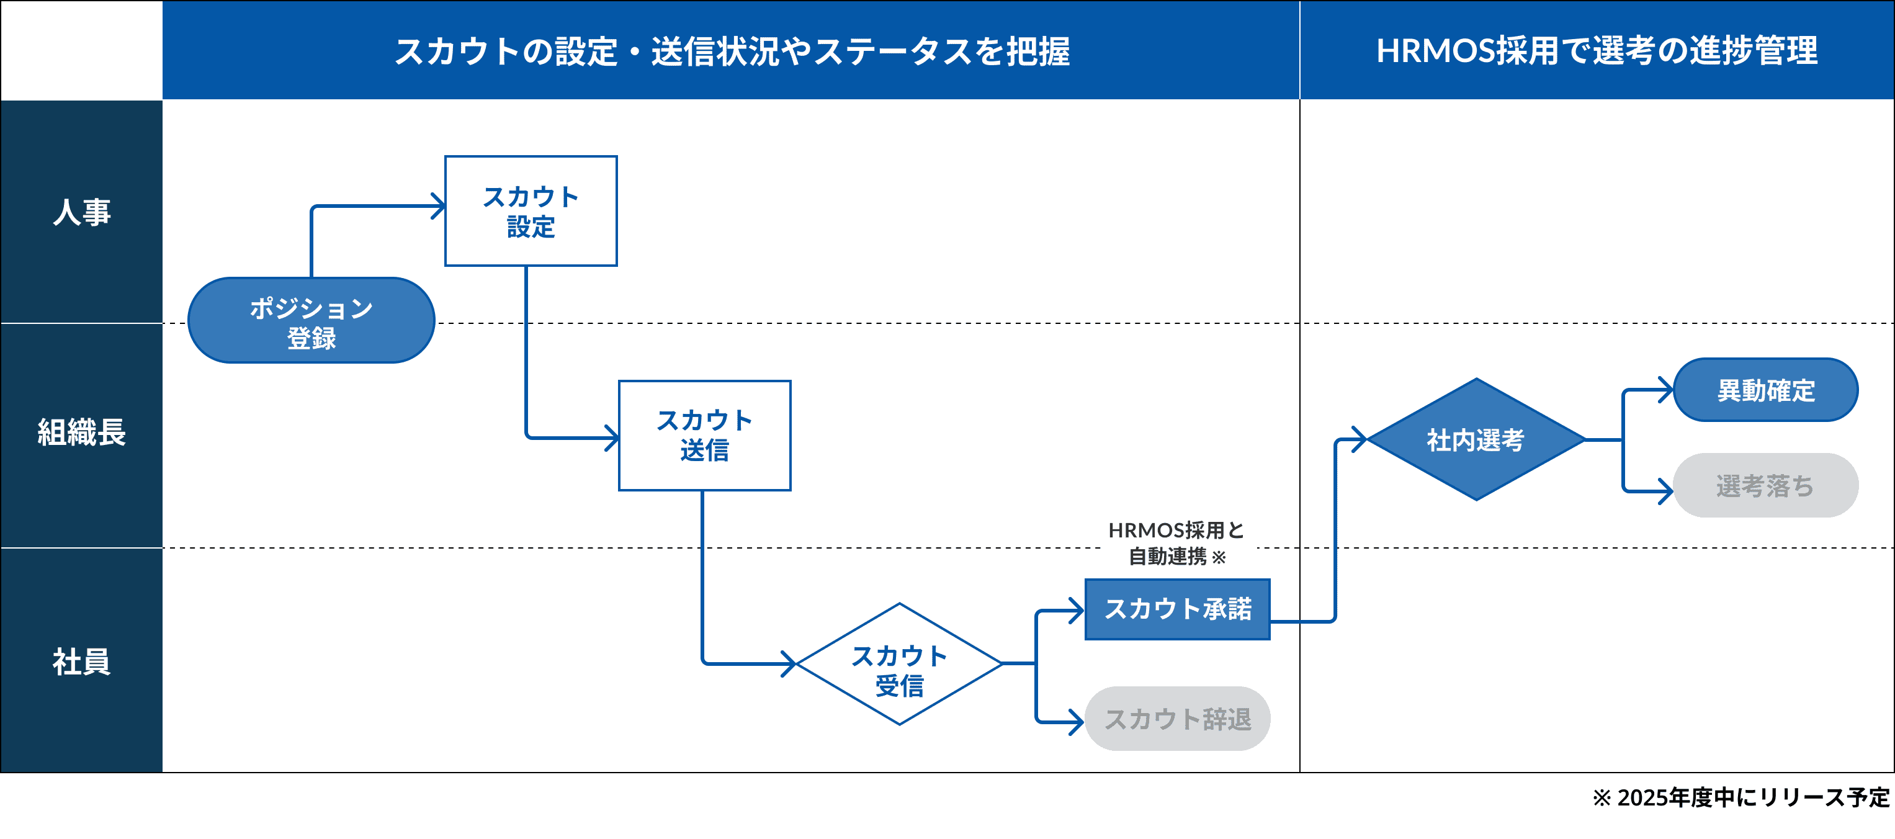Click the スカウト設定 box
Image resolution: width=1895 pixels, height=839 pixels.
point(531,211)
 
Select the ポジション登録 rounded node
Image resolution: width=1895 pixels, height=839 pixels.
point(311,321)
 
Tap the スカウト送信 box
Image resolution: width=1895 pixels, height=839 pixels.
point(704,435)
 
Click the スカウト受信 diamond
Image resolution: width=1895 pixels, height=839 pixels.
point(899,664)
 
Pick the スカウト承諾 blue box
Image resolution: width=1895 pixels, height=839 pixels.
point(1177,609)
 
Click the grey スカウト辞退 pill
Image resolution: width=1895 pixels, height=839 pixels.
point(1177,719)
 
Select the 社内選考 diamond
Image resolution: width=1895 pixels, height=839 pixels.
point(1476,439)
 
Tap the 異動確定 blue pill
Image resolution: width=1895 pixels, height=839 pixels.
point(1765,390)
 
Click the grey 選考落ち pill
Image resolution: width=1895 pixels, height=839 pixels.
point(1765,486)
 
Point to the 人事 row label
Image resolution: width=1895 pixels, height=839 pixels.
point(81,212)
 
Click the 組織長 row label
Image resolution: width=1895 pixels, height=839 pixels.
point(81,433)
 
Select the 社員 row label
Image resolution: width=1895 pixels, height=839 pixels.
point(81,661)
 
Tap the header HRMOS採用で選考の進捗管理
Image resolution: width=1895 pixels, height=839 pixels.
point(1597,51)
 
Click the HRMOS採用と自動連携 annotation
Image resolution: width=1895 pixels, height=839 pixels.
point(1176,543)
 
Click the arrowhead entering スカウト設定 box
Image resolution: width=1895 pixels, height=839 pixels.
point(439,206)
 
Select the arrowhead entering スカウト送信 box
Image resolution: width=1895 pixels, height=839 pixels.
point(613,438)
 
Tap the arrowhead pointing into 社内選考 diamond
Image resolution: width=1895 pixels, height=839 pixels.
point(1360,439)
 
